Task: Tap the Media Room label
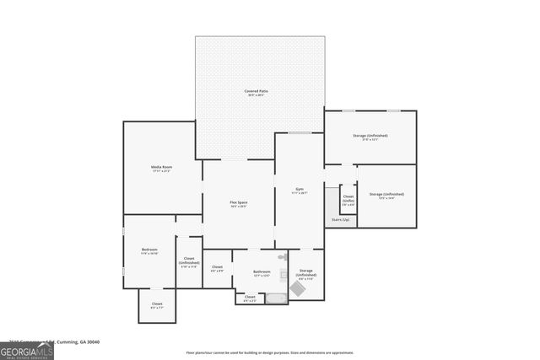pos(161,169)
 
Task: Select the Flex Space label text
pos(239,203)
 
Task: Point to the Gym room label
pos(300,191)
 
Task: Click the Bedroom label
pos(149,250)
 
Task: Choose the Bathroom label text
pos(262,272)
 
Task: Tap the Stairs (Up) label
pos(340,219)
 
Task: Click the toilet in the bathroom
pos(283,255)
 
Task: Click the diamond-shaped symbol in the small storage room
pos(299,288)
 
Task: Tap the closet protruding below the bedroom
pos(157,305)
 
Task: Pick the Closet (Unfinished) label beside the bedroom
pos(189,261)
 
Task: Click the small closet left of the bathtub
pos(250,298)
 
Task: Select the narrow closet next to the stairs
pos(348,199)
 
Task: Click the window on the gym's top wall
pos(300,132)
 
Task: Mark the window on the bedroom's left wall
pos(124,271)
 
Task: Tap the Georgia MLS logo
pos(27,348)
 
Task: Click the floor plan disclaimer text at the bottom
pos(270,353)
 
